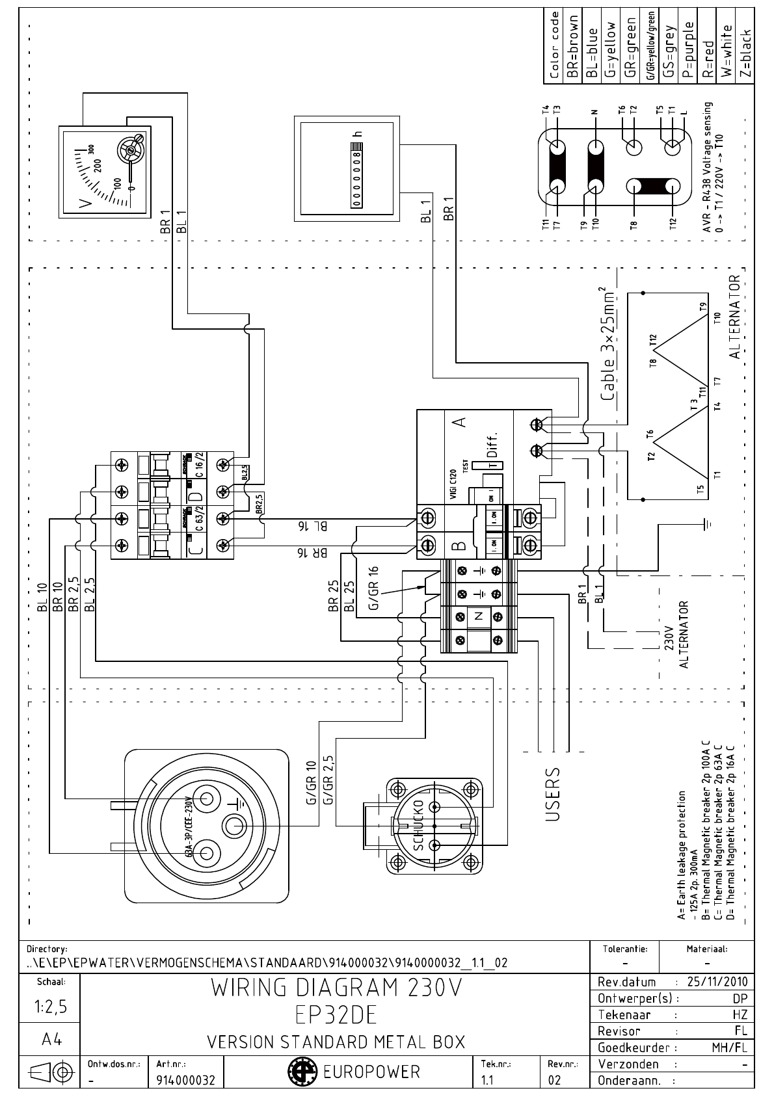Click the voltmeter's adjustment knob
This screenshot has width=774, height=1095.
point(131,151)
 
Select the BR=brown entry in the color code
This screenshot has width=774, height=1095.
point(573,46)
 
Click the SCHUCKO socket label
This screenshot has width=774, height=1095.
point(419,825)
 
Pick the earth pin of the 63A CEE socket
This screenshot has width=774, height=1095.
point(235,826)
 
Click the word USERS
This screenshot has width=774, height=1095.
point(552,793)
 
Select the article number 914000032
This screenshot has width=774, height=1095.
point(185,1080)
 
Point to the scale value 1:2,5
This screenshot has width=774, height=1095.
point(49,1007)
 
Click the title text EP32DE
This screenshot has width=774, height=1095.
point(336,1014)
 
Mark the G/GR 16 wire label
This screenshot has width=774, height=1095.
point(373,588)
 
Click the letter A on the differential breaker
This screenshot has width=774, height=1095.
point(461,422)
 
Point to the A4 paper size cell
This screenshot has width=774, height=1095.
point(49,1040)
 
